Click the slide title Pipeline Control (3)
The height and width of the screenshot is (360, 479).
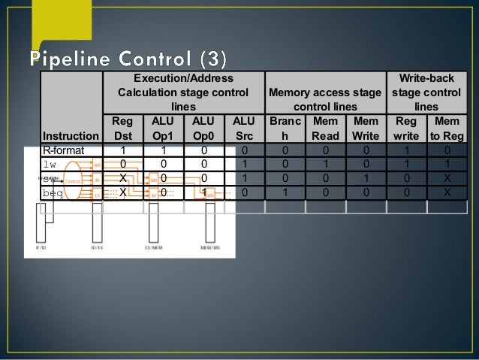(131, 58)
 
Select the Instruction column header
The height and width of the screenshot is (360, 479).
(70, 136)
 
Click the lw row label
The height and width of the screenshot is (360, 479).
(50, 165)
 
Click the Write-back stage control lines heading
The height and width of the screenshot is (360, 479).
(426, 92)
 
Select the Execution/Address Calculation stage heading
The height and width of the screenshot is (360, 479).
(182, 92)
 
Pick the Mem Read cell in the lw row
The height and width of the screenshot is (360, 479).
(325, 165)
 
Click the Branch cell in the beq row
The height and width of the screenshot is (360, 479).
(285, 192)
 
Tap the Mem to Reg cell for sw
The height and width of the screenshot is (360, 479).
(447, 178)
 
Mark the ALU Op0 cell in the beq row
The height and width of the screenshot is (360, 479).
(203, 192)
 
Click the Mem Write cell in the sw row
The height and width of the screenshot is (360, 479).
(366, 178)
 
